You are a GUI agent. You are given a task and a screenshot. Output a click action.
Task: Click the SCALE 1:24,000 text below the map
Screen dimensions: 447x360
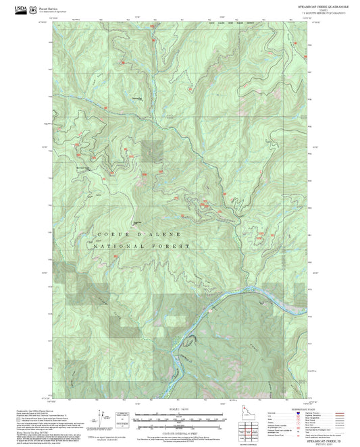pyautogui.click(x=180, y=409)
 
